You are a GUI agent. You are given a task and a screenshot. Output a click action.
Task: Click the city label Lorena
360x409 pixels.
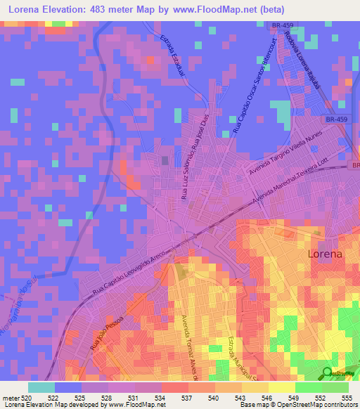click(x=326, y=254)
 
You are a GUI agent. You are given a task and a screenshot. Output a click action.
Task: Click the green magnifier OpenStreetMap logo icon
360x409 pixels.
click(x=328, y=373)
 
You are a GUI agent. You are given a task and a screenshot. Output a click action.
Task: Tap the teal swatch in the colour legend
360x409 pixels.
click(x=41, y=387)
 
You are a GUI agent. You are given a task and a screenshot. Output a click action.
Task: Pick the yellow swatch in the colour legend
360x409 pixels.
click(x=281, y=387)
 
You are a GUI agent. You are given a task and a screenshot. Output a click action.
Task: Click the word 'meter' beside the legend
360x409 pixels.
click(x=11, y=398)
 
